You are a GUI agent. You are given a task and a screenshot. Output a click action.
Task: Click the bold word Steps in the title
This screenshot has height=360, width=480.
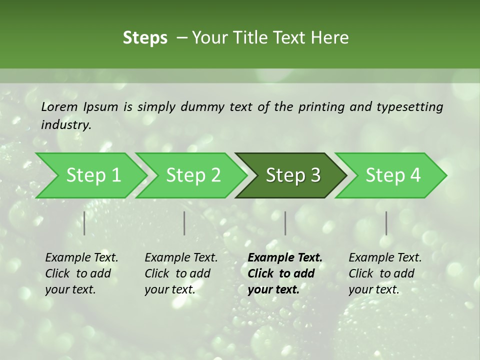click(145, 38)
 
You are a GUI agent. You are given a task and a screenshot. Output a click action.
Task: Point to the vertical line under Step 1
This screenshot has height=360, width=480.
click(84, 223)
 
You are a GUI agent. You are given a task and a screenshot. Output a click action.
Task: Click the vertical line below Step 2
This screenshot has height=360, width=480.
click(184, 223)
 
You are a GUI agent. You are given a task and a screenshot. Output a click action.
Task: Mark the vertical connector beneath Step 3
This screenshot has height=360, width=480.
click(285, 223)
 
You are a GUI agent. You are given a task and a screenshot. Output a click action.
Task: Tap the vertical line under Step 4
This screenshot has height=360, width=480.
click(386, 223)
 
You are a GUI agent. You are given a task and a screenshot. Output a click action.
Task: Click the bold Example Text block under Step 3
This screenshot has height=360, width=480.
click(284, 273)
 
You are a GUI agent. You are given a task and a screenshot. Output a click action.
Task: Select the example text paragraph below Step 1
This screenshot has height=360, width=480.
click(81, 273)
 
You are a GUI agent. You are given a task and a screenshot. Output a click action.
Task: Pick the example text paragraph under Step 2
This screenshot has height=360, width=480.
click(181, 273)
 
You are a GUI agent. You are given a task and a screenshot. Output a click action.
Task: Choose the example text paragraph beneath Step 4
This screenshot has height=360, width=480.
click(385, 273)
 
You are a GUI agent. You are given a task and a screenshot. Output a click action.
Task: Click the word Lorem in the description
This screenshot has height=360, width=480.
click(59, 107)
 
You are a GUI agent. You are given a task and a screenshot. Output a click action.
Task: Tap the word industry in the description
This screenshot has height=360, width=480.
click(65, 125)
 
